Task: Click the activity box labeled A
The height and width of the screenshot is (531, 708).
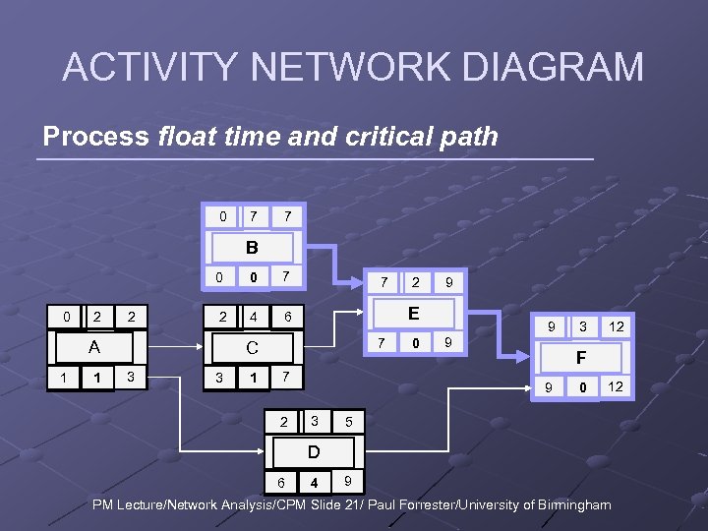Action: tap(93, 347)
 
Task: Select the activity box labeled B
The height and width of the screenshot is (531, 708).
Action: tap(252, 248)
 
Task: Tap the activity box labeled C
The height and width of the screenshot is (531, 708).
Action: tap(252, 347)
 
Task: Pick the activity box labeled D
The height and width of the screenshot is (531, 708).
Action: tap(313, 452)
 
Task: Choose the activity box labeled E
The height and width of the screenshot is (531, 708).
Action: tap(414, 314)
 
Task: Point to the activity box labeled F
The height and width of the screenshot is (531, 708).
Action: tap(581, 359)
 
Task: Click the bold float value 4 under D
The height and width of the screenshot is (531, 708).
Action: tap(314, 483)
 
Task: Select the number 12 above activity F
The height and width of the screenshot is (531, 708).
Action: tap(616, 325)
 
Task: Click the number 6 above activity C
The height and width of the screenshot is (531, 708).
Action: tap(286, 318)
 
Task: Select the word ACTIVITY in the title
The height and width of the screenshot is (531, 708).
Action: tap(147, 68)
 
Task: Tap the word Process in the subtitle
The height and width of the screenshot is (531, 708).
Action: tap(95, 136)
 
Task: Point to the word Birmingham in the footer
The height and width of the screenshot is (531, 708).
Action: tap(567, 504)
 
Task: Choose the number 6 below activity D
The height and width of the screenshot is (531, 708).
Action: tap(281, 483)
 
